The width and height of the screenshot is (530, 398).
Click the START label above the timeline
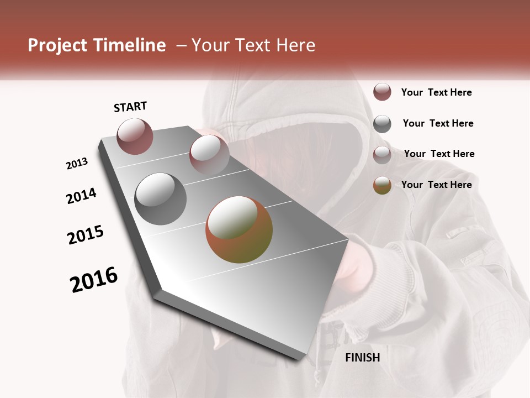[x=130, y=107]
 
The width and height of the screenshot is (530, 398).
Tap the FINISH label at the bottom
[x=362, y=358]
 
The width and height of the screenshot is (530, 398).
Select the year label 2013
[x=77, y=164]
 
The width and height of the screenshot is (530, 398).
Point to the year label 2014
[x=81, y=196]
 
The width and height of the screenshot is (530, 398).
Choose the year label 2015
[x=86, y=235]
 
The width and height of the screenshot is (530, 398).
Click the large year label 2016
[x=94, y=279]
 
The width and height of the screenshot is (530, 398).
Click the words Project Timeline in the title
[x=97, y=45]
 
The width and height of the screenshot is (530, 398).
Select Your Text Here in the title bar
[x=253, y=45]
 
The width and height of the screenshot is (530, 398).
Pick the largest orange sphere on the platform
[x=239, y=229]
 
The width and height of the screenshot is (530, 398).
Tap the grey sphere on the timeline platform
[x=160, y=199]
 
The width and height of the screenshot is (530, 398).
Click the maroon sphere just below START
[x=135, y=136]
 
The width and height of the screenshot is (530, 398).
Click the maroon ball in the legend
[x=382, y=92]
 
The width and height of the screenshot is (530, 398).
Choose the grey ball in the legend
[x=382, y=124]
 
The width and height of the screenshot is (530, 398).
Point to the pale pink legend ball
[x=382, y=155]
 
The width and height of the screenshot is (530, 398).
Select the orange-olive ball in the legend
[x=382, y=186]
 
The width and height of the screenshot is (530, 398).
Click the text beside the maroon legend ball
[x=436, y=92]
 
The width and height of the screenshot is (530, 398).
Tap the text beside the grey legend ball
[x=438, y=123]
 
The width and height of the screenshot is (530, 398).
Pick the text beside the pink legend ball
[x=439, y=154]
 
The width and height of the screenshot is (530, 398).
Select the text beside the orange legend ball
[x=436, y=185]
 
